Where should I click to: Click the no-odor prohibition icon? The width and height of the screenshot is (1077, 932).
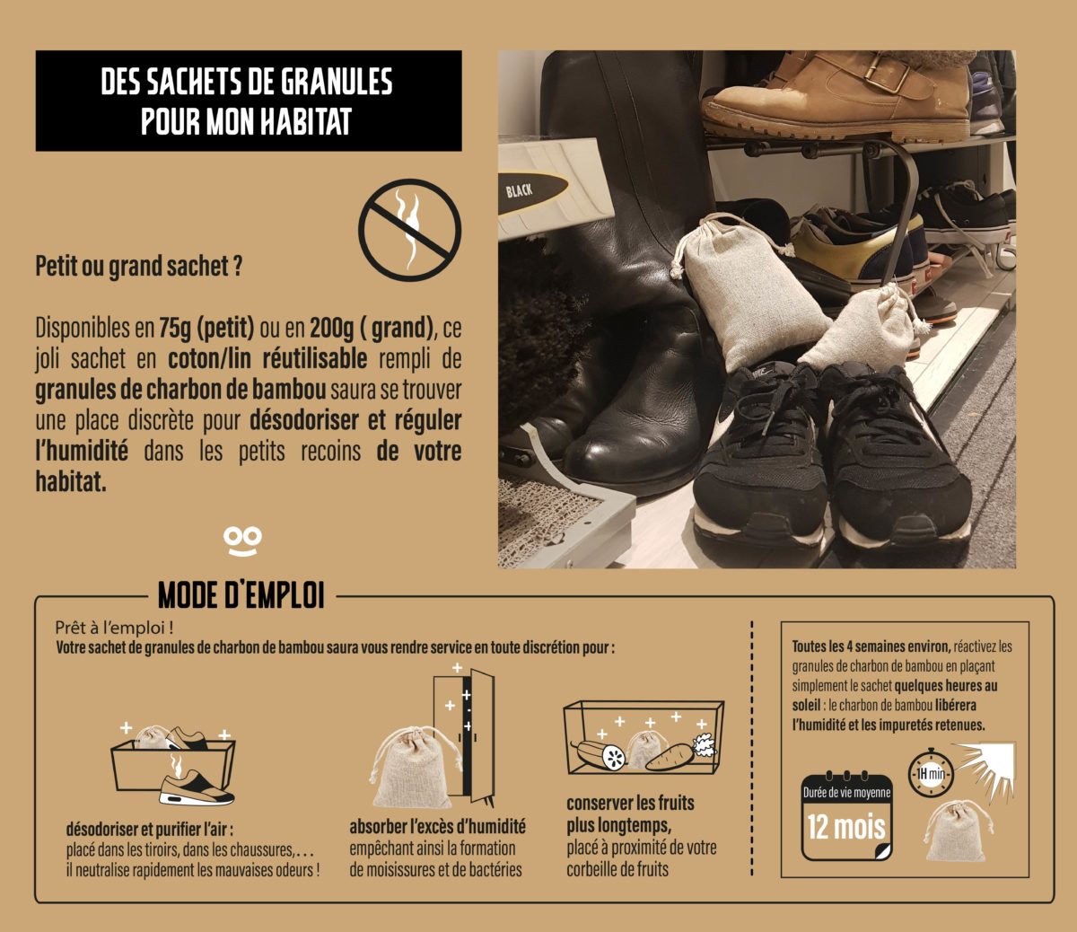tap(409, 230)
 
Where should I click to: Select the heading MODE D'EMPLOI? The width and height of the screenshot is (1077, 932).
tap(241, 596)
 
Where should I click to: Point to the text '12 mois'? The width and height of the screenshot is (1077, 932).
tap(846, 827)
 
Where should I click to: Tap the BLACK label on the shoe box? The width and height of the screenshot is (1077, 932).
tap(519, 190)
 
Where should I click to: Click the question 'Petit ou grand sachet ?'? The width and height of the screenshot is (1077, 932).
tap(138, 266)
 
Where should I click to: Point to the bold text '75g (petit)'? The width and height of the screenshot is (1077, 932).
tap(206, 328)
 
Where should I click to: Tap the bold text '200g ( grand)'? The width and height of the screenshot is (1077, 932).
tap(372, 328)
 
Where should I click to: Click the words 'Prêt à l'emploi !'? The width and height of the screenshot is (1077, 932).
tap(114, 629)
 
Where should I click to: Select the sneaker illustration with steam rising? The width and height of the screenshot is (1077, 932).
tap(196, 781)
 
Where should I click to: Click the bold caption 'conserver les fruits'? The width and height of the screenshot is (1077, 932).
tap(630, 804)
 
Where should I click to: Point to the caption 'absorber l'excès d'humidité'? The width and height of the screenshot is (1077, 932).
tap(438, 827)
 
